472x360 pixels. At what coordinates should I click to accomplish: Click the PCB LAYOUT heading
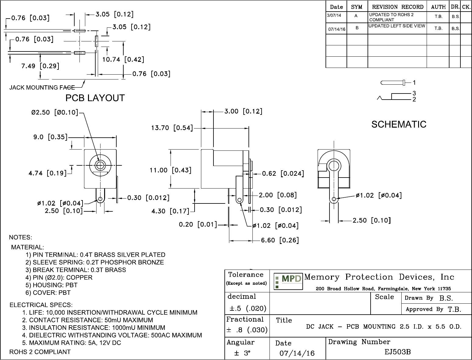coord(95,98)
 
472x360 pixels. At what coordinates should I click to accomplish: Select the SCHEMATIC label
coord(399,124)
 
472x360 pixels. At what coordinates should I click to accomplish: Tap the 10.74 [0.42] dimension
coord(123,59)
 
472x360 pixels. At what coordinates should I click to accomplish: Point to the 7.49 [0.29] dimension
coord(40,66)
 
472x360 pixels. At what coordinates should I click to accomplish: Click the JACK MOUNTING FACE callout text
coord(42,88)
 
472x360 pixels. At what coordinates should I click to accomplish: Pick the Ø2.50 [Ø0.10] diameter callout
coord(55,112)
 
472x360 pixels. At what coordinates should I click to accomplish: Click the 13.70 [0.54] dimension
coord(172,128)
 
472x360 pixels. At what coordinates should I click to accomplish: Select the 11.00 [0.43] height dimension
coord(170,170)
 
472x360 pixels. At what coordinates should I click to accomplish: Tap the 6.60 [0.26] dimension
coord(280,240)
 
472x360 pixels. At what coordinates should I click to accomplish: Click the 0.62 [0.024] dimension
coord(283,174)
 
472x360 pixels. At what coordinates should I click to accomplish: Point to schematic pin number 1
coord(414,83)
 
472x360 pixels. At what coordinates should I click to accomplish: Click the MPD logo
coord(288,281)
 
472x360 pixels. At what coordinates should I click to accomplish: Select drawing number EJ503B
coord(397,352)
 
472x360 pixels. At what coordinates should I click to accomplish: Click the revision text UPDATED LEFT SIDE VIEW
coord(396,26)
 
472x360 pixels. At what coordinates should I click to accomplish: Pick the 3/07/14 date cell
coord(334,15)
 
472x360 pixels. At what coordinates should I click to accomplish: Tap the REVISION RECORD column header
coord(398,7)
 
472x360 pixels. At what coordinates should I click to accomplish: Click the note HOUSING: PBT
coord(51,285)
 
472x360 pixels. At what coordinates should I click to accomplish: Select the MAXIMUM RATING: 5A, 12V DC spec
coord(72,343)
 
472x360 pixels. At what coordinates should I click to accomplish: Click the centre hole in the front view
coord(99,165)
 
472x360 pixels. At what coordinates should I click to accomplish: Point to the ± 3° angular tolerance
coord(242,353)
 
